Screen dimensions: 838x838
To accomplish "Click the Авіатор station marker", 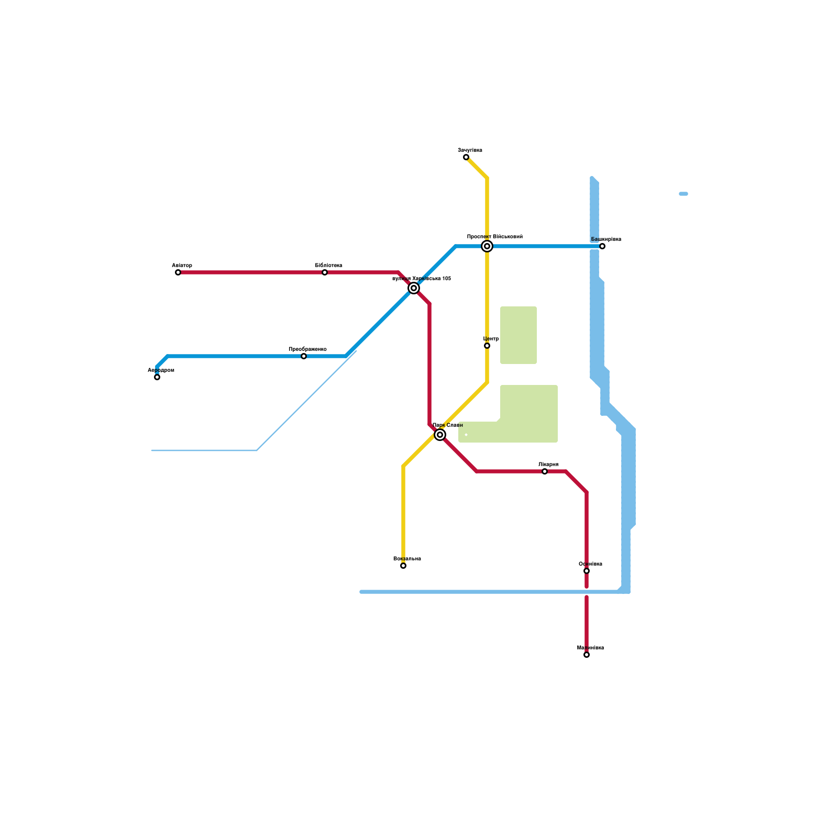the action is [178, 272].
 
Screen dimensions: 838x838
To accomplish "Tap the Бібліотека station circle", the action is [325, 272].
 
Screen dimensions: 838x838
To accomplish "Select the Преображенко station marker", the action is [304, 356].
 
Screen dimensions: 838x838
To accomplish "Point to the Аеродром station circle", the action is [157, 377].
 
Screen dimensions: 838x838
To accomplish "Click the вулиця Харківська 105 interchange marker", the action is [414, 288].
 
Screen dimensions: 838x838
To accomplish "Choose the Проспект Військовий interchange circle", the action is [487, 246].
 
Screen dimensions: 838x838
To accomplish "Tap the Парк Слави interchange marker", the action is [440, 435].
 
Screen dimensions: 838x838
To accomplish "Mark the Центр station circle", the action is [487, 346].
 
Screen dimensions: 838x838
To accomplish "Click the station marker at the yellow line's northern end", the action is [466, 157].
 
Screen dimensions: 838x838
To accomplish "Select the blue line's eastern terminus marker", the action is [602, 246].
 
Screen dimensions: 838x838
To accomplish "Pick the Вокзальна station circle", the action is [403, 566].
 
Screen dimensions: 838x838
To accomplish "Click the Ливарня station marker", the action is [545, 471].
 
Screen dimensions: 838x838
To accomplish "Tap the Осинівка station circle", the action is [587, 571].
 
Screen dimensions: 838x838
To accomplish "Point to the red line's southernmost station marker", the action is [587, 655].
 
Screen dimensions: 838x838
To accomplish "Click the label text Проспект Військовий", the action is [494, 237].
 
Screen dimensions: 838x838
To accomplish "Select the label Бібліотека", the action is [328, 266].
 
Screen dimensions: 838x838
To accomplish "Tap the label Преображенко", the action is [307, 349].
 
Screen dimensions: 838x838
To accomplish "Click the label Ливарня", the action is [548, 465].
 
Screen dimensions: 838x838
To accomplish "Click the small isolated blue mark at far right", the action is [683, 194].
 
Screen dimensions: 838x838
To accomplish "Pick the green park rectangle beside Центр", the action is [519, 335].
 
